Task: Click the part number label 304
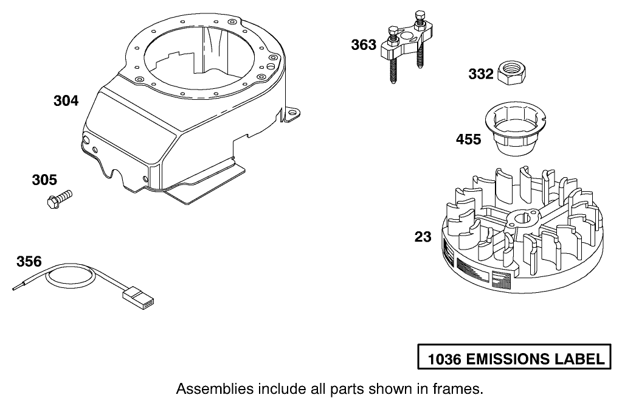tap(66, 101)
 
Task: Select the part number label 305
tap(44, 180)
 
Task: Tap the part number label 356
tap(29, 262)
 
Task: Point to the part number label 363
tap(364, 45)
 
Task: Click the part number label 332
tap(481, 74)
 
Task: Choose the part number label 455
tap(469, 140)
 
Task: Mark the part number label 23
tap(423, 237)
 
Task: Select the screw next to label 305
tap(59, 198)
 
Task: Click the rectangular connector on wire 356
tap(139, 298)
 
